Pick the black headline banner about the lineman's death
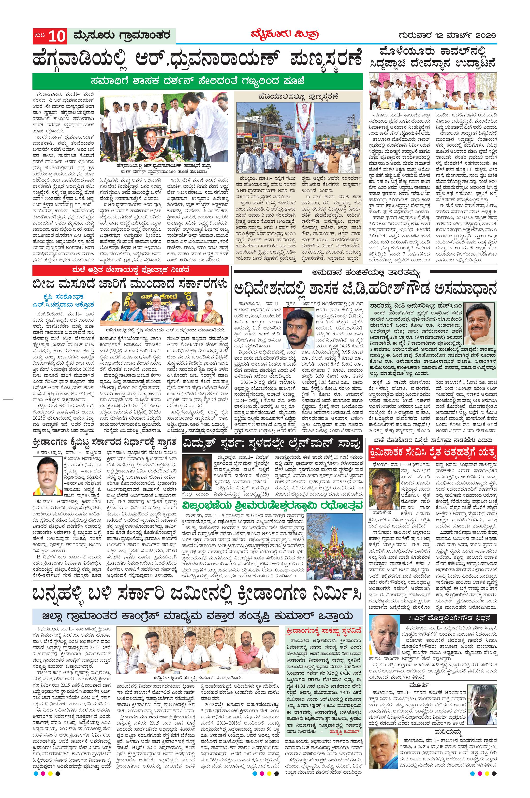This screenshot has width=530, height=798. point(272,445)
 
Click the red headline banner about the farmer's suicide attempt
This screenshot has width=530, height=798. point(433,453)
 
